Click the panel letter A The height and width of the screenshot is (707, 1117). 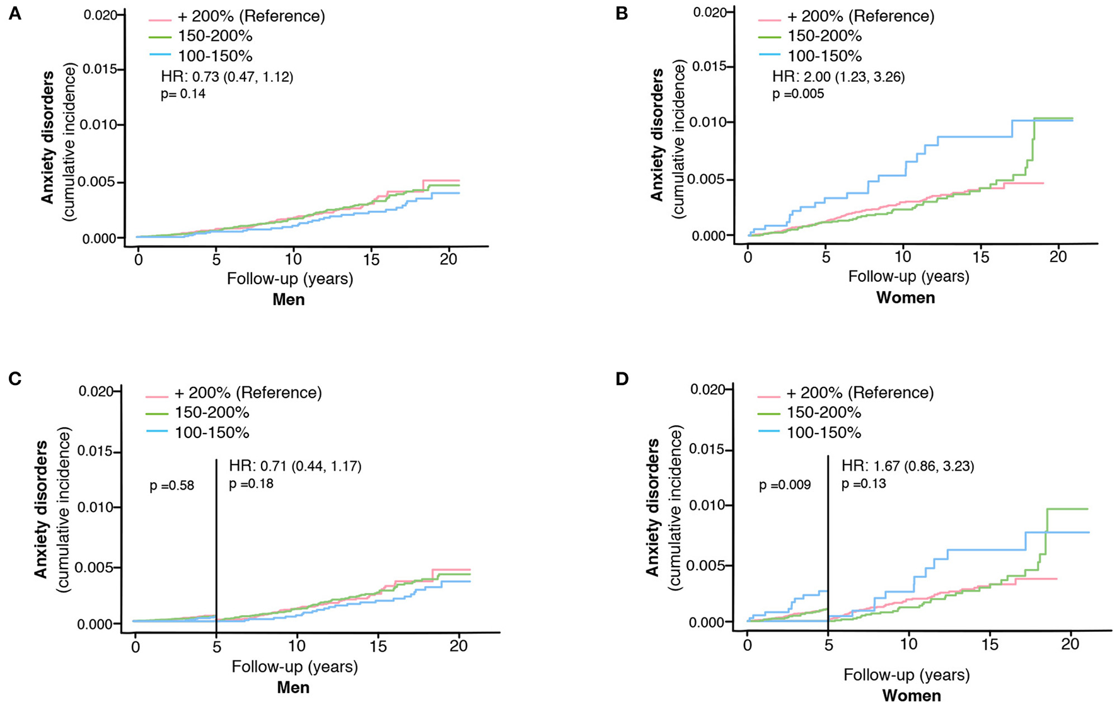pyautogui.click(x=14, y=13)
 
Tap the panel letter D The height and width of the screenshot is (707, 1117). pyautogui.click(x=622, y=381)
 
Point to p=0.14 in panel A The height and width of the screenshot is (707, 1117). pyautogui.click(x=183, y=95)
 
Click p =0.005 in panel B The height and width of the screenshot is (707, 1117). pyautogui.click(x=798, y=94)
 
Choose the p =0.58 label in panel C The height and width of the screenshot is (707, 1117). pyautogui.click(x=171, y=486)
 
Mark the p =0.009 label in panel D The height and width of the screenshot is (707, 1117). pyautogui.click(x=785, y=485)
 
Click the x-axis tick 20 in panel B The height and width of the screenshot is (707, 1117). pyautogui.click(x=1058, y=257)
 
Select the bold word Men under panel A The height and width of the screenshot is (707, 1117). pyautogui.click(x=289, y=299)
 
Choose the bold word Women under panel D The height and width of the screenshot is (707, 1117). pyautogui.click(x=911, y=696)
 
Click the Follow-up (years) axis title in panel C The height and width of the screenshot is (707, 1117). pyautogui.click(x=294, y=666)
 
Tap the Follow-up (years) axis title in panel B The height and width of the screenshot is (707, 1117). pyautogui.click(x=908, y=276)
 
